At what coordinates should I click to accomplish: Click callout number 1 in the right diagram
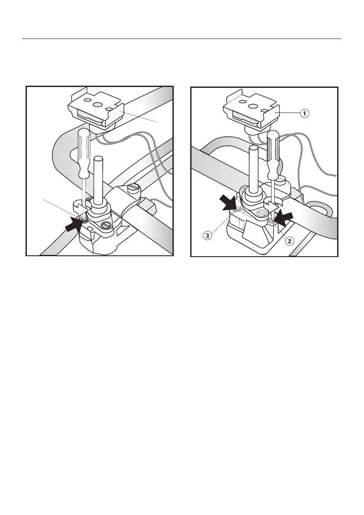(x=305, y=113)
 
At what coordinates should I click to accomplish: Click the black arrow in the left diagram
(x=75, y=225)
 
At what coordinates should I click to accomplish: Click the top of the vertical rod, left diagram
(x=99, y=159)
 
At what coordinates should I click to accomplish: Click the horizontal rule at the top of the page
(x=182, y=39)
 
